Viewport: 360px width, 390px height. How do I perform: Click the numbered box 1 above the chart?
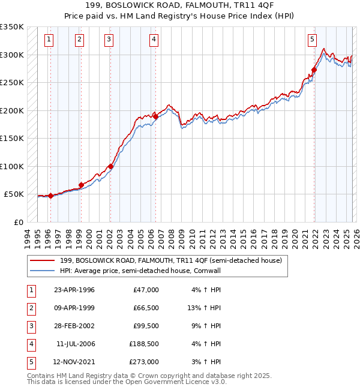point(49,40)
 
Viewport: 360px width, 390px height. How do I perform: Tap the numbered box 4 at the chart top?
point(154,40)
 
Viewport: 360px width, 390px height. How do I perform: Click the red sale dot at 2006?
point(155,116)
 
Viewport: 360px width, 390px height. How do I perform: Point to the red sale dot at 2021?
point(314,70)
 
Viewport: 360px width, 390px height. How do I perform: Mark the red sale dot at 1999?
point(81,185)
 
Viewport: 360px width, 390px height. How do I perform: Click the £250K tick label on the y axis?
point(12,83)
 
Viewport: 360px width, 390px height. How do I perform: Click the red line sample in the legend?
point(43,260)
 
